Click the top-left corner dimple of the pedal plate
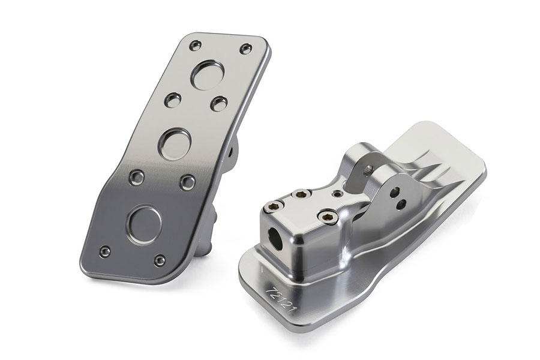click(x=196, y=45)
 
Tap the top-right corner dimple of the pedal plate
click(x=245, y=49)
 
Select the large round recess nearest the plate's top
click(x=208, y=75)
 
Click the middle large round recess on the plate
click(x=175, y=144)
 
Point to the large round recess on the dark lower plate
click(x=144, y=224)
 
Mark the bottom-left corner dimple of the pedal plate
click(x=104, y=252)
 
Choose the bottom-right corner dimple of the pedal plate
click(x=160, y=260)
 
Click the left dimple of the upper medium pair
click(x=173, y=100)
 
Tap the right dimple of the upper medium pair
click(x=219, y=104)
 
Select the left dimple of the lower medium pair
click(x=137, y=178)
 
